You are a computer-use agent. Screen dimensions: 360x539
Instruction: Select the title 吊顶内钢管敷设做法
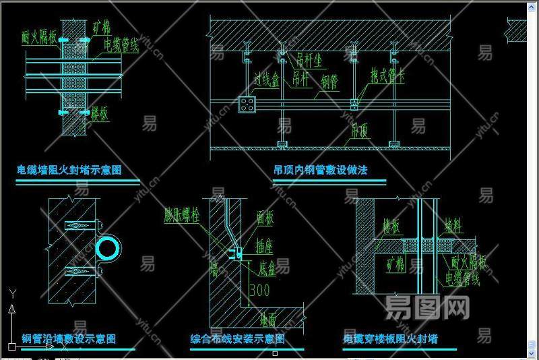coord(321,170)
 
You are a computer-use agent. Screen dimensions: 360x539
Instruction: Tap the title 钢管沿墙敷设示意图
coord(69,338)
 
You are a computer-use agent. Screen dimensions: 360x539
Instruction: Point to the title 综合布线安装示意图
coord(237,338)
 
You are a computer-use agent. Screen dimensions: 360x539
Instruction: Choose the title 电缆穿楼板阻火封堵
coord(390,338)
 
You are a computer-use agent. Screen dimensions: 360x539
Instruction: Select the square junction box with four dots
coord(248,104)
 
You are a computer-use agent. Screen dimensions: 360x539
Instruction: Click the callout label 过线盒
coord(266,81)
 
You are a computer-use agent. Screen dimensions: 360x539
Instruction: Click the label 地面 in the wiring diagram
coord(267,316)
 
